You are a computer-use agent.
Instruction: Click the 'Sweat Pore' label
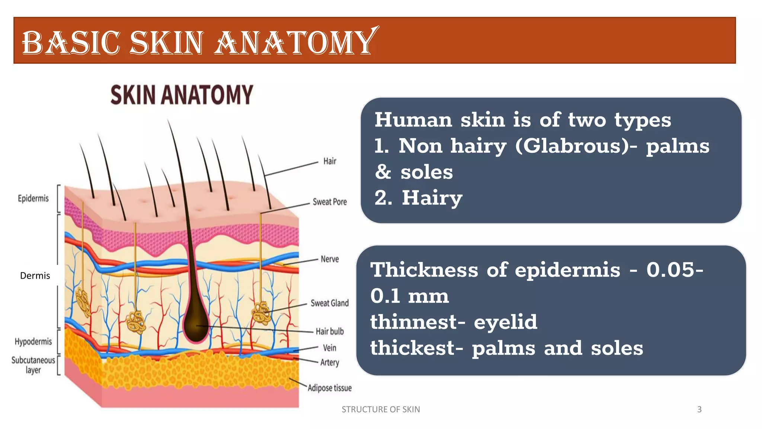330,202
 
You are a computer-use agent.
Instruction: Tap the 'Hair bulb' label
330,331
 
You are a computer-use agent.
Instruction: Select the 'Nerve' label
330,259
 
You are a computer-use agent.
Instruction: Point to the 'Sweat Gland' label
330,303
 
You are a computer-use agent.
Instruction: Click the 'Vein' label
330,348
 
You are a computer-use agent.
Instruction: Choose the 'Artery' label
330,362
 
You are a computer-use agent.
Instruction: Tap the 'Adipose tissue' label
330,388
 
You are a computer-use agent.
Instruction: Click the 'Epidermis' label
33,198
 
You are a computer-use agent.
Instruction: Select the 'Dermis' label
35,276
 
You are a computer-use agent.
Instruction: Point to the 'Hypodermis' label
33,341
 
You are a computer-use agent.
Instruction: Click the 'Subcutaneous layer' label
33,365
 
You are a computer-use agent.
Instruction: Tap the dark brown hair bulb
196,324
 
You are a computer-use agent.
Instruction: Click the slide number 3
699,410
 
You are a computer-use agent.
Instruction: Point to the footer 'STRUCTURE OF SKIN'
381,410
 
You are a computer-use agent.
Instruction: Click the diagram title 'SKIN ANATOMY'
182,95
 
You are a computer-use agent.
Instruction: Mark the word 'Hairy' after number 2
432,198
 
